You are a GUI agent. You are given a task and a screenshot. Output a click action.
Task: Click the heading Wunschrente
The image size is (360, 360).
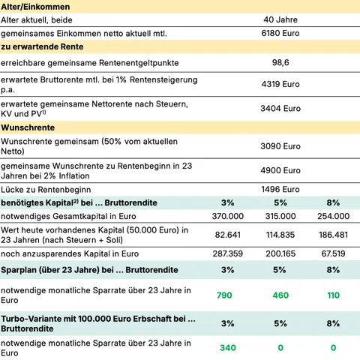pyautogui.click(x=28, y=128)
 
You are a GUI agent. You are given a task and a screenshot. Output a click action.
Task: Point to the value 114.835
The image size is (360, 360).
pyautogui.click(x=279, y=235)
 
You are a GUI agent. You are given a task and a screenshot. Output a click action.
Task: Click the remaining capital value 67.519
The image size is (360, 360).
pyautogui.click(x=333, y=254)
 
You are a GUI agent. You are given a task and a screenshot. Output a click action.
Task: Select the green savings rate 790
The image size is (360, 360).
pyautogui.click(x=224, y=295)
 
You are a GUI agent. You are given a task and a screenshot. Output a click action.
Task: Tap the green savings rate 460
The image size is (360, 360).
pyautogui.click(x=279, y=295)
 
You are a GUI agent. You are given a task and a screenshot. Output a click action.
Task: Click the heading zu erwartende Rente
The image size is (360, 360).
pyautogui.click(x=43, y=48)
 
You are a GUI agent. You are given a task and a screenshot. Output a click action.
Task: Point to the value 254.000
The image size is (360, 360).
pyautogui.click(x=333, y=216)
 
